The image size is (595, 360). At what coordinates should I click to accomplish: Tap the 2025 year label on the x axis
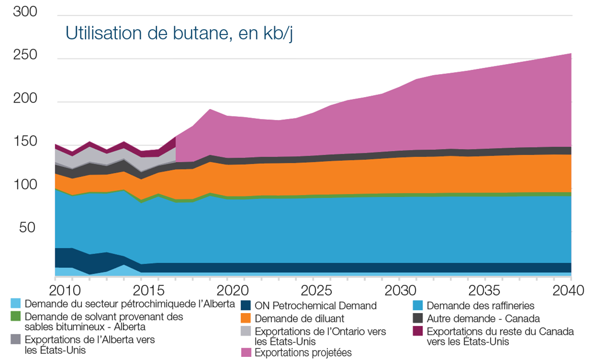tap(315, 290)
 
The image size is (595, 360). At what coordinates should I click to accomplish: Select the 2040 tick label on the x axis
tap(571, 290)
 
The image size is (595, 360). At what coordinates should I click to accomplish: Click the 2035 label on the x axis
tap(486, 290)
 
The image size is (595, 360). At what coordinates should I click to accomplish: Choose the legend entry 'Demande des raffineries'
tap(480, 306)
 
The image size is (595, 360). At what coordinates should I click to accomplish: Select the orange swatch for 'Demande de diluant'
tap(246, 318)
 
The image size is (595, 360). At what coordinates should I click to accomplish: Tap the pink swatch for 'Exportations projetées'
tap(246, 353)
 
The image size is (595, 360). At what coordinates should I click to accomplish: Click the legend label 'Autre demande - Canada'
tap(483, 318)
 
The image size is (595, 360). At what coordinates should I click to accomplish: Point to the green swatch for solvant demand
tap(16, 316)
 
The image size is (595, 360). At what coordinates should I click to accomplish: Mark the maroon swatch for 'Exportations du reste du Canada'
tap(418, 331)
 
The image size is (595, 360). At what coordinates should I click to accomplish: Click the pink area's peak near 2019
tap(209, 110)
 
